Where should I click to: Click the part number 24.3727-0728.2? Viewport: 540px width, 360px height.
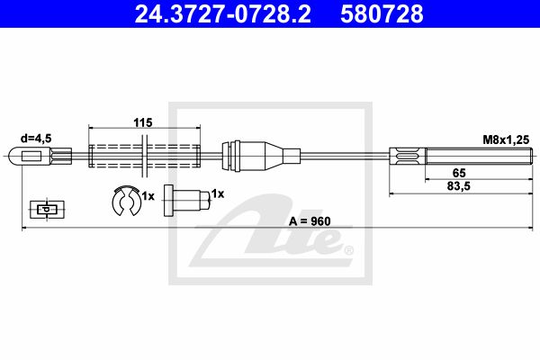click(222, 13)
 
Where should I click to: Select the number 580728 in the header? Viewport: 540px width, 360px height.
click(382, 13)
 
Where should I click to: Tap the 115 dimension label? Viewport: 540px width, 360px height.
click(143, 122)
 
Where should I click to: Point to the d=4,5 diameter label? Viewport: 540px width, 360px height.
click(36, 139)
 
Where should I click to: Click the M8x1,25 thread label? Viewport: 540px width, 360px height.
click(506, 139)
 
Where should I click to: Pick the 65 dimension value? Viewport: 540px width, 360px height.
click(459, 173)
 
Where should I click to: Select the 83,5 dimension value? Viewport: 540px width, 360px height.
click(459, 186)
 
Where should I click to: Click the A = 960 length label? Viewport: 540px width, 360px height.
click(310, 221)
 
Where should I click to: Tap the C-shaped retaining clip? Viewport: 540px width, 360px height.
click(126, 201)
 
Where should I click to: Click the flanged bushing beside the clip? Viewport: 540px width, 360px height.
click(186, 201)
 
